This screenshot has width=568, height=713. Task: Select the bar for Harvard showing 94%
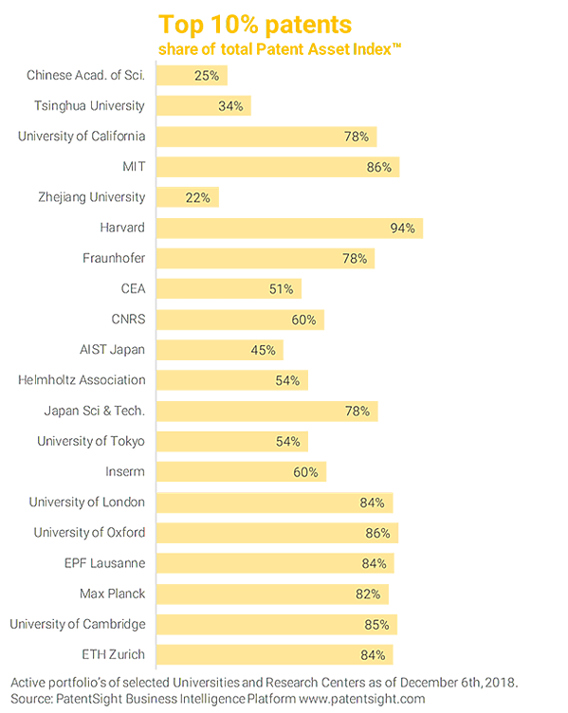point(289,229)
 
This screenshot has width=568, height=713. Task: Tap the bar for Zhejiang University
point(187,197)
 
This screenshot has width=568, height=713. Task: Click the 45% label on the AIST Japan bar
point(263,350)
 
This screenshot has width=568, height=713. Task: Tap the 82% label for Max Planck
point(368,594)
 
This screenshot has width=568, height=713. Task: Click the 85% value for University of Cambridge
point(377,624)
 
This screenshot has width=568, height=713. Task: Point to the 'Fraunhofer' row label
point(113,259)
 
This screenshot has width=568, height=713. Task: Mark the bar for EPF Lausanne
point(274,563)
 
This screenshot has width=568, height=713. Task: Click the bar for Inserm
point(241,471)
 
